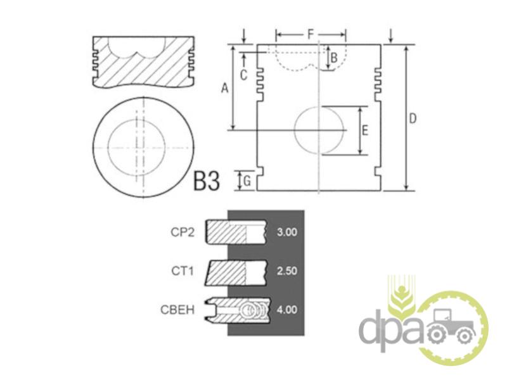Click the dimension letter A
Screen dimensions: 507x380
point(225,87)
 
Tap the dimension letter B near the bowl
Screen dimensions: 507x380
point(334,58)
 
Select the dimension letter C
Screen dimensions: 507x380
point(243,75)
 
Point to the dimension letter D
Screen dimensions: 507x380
point(413,118)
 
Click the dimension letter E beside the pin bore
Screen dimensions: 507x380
point(365,130)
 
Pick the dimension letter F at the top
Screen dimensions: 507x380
point(311,34)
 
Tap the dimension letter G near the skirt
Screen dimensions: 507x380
point(247,181)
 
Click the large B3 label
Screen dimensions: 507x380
point(207,180)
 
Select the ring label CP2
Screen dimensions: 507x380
point(183,232)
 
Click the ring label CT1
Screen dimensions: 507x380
point(183,271)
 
